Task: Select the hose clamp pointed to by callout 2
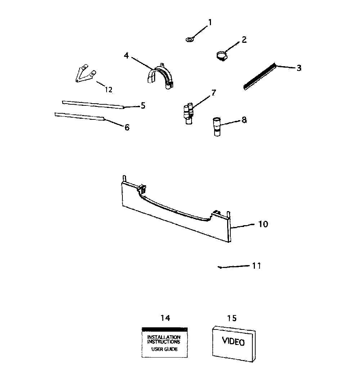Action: pyautogui.click(x=221, y=55)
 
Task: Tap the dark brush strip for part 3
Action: pyautogui.click(x=260, y=76)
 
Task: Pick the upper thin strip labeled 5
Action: pyautogui.click(x=93, y=105)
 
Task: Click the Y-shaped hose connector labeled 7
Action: pyautogui.click(x=188, y=113)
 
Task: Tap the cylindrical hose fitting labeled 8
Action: pyautogui.click(x=217, y=127)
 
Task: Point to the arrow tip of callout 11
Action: pyautogui.click(x=218, y=267)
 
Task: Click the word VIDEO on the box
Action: pyautogui.click(x=233, y=341)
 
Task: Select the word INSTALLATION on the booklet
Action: pyautogui.click(x=164, y=337)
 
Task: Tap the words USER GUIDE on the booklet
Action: pyautogui.click(x=165, y=349)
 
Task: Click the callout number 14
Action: pyautogui.click(x=165, y=318)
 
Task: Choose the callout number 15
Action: pyautogui.click(x=232, y=318)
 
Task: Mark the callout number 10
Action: pyautogui.click(x=263, y=224)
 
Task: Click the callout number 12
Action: pyautogui.click(x=108, y=90)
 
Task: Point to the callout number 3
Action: pyautogui.click(x=299, y=68)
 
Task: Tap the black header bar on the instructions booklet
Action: pyautogui.click(x=165, y=329)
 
